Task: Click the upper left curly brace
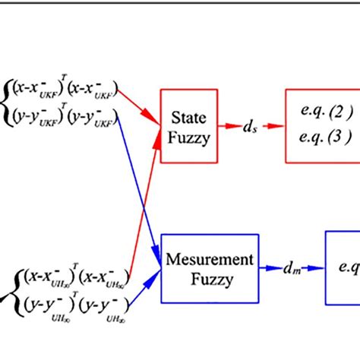click(7, 104)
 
